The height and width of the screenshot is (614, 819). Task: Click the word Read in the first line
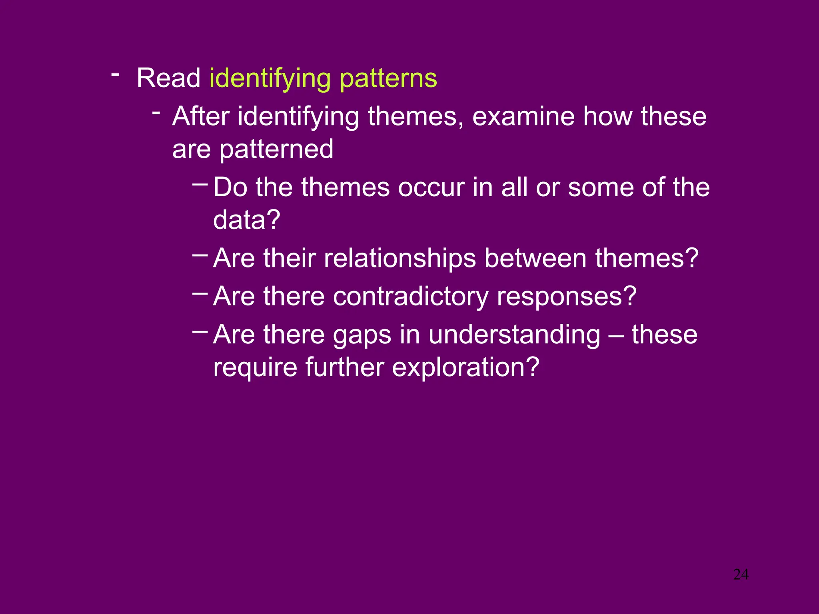[168, 78]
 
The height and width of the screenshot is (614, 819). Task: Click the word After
[201, 116]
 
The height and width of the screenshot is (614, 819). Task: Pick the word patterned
[276, 150]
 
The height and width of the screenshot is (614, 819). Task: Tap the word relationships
[400, 258]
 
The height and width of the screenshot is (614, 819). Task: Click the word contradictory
[410, 297]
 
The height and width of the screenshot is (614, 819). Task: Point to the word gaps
[362, 335]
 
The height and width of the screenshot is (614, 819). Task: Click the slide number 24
[741, 575]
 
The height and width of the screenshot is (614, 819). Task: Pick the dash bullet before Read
[115, 74]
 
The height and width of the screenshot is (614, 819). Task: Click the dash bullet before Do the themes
[200, 184]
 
